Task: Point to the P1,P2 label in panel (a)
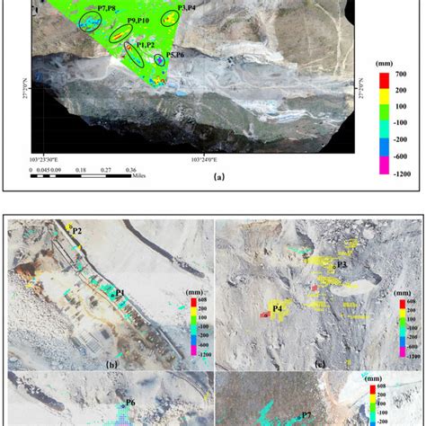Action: coord(146,43)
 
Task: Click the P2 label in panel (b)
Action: coord(76,231)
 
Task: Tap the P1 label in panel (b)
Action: coord(120,293)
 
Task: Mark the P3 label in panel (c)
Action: coord(342,264)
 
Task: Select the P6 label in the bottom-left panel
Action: coord(130,403)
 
